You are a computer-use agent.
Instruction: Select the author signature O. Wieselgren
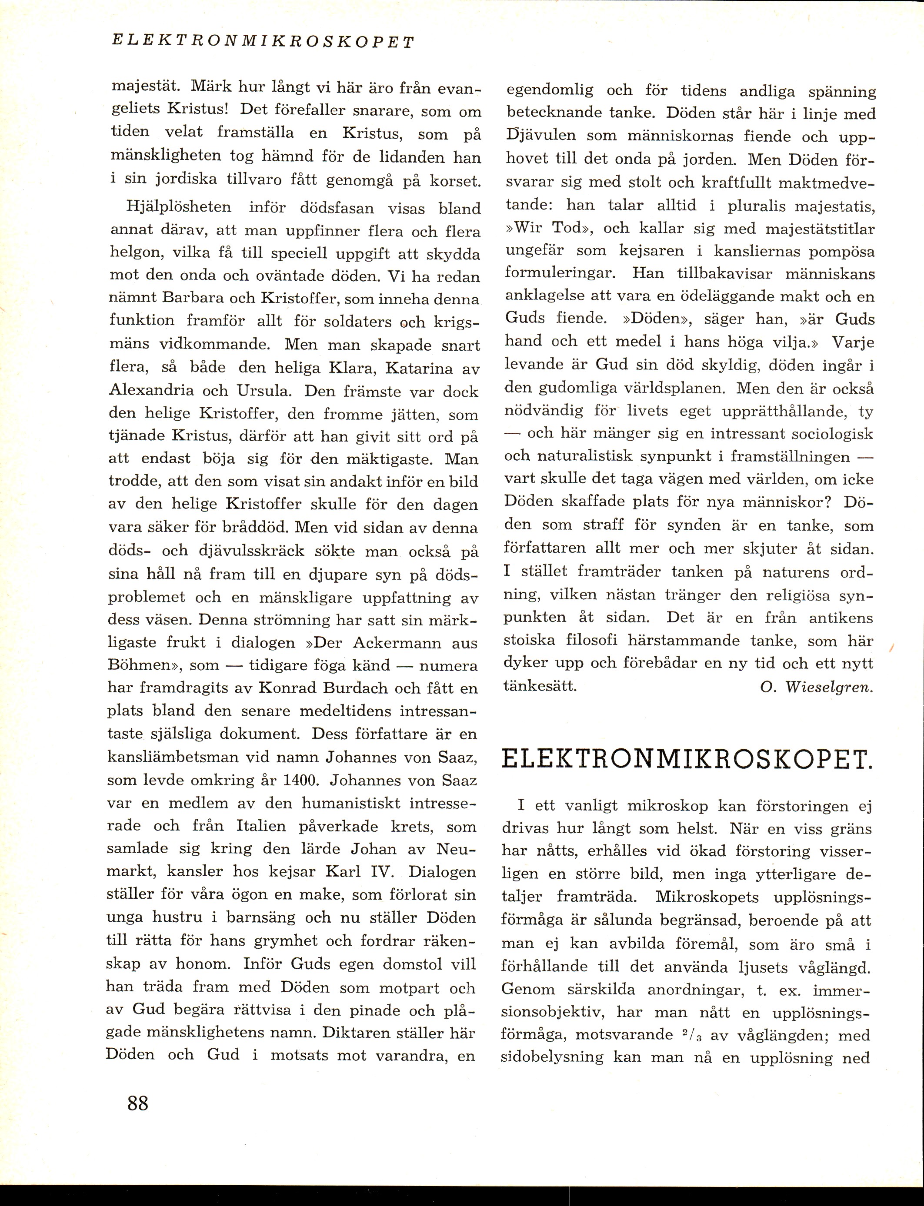(817, 688)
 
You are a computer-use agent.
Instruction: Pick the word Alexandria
(152, 391)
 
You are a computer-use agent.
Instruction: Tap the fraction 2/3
(690, 1035)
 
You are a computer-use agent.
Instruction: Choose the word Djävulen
(541, 136)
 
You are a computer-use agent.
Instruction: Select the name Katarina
(420, 368)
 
